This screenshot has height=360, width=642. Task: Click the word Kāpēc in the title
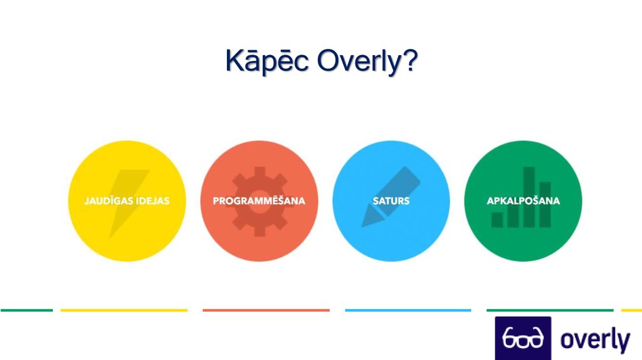click(x=267, y=61)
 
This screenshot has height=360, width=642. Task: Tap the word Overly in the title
click(x=358, y=61)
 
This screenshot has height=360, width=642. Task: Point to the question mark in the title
click(x=409, y=60)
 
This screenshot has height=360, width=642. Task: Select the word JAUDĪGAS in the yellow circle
click(x=108, y=201)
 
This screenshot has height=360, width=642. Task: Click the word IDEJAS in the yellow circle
click(x=152, y=201)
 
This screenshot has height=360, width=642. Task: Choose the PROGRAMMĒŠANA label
click(x=259, y=201)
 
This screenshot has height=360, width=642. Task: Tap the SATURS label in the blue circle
click(x=391, y=201)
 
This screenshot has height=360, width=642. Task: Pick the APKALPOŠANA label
click(x=524, y=201)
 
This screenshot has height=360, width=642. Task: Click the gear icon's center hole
click(x=259, y=201)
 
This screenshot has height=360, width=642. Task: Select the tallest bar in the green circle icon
click(x=529, y=197)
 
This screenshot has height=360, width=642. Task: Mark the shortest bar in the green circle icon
click(x=497, y=220)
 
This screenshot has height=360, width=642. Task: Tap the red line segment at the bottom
click(x=266, y=310)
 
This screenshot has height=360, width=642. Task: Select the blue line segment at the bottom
click(x=408, y=310)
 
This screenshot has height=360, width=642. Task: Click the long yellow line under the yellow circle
click(x=124, y=310)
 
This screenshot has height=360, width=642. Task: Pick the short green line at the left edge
click(x=26, y=310)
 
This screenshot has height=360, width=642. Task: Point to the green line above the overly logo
click(x=550, y=310)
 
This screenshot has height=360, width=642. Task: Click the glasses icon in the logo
click(x=523, y=338)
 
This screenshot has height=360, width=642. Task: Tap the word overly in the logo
click(x=595, y=340)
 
